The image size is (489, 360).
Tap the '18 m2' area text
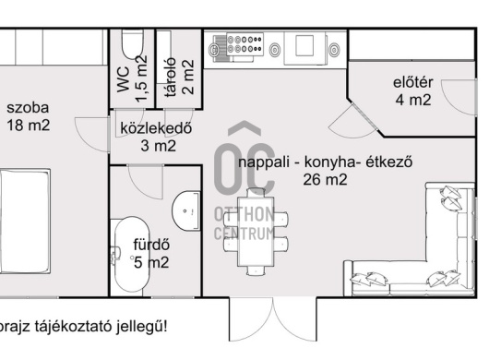(x=29, y=124)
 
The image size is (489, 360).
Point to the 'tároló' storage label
(x=170, y=82)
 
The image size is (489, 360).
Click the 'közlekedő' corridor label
(x=155, y=128)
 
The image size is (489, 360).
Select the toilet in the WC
(x=131, y=46)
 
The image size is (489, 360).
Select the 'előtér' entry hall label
(x=412, y=83)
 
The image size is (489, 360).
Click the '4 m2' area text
(x=412, y=101)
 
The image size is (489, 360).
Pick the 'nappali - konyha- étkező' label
(x=324, y=162)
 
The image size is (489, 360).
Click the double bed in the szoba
(x=28, y=217)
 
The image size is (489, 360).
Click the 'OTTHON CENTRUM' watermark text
(x=244, y=223)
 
